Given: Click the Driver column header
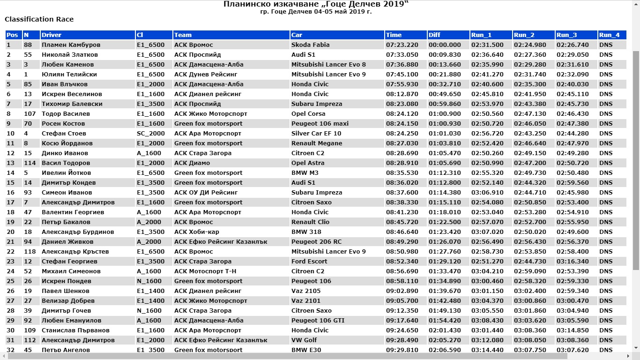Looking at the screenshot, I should (x=52, y=35).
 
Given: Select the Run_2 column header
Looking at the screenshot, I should (x=524, y=35).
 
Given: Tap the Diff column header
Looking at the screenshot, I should (x=434, y=35).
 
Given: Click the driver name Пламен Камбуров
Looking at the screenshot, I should (x=71, y=45).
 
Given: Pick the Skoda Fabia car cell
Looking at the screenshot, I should (x=310, y=45).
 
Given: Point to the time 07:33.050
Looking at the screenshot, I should (x=402, y=55).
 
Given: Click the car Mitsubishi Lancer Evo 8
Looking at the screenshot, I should (x=328, y=65).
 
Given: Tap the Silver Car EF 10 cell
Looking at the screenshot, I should (x=316, y=134).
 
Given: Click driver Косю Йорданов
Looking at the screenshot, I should (x=67, y=143).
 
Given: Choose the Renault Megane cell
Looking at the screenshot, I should (x=317, y=143).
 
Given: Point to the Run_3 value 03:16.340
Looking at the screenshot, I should (x=573, y=262).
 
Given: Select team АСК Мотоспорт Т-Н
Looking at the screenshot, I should (x=205, y=271).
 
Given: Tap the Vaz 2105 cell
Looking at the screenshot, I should (x=306, y=291).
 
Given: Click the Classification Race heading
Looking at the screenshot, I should (x=39, y=19).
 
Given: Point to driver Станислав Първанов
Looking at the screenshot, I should (x=75, y=330).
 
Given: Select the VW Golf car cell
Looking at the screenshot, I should (x=304, y=340).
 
